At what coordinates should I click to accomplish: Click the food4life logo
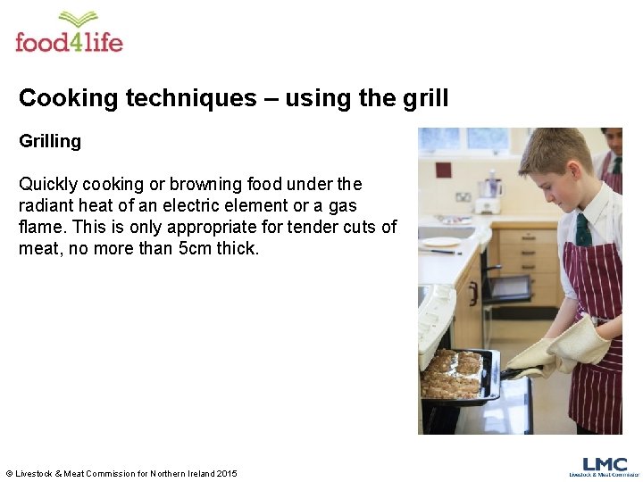(69, 33)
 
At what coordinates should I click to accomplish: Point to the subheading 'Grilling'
(50, 141)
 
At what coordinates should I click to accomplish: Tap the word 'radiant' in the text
(46, 206)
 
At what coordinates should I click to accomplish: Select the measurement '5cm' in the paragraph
(202, 249)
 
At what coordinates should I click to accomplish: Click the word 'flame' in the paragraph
(41, 228)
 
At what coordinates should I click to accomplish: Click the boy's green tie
(582, 230)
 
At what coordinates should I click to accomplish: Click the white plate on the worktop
(441, 242)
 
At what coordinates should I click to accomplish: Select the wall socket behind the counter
(463, 196)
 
